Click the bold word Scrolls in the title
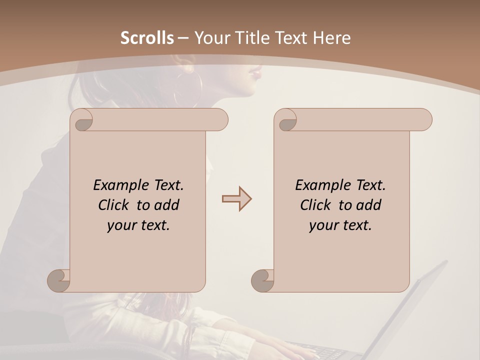pos(147,38)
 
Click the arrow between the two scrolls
pos(236,199)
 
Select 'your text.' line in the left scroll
pos(138,225)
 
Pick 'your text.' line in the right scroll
pos(340,225)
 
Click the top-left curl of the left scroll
pos(83,120)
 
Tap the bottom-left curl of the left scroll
pos(59,280)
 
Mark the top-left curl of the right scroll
pos(287,120)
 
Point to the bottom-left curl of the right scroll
pos(263,280)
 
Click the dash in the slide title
pos(183,38)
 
